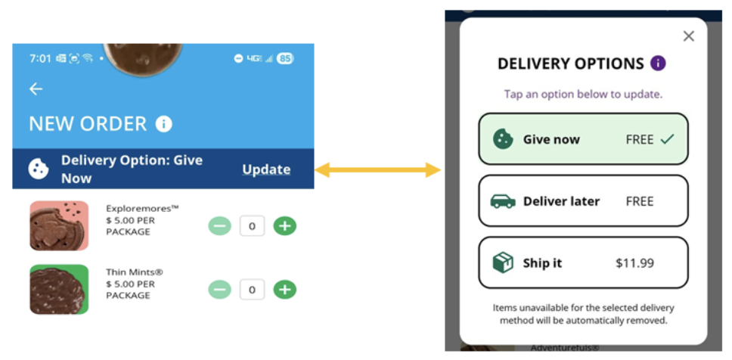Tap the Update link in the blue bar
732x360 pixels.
(266, 169)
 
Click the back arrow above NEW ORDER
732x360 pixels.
(36, 89)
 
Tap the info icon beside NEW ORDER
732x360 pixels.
(163, 124)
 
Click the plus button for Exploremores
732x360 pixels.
(284, 225)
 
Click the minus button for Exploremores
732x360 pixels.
(219, 225)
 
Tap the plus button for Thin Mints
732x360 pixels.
(284, 289)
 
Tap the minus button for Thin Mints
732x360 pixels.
(219, 289)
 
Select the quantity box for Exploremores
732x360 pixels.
(252, 225)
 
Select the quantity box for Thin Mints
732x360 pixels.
(252, 289)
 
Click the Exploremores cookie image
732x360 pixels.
(59, 225)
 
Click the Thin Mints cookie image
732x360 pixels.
(59, 289)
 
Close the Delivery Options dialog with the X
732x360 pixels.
(688, 36)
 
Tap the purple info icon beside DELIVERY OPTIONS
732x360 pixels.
(658, 64)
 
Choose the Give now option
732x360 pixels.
(583, 139)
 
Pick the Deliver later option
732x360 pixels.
(583, 201)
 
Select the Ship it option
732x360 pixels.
(583, 263)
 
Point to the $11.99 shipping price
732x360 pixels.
(634, 263)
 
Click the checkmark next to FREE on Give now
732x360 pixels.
(666, 139)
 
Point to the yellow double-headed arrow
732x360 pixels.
(378, 170)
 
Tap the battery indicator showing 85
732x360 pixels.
(284, 58)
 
